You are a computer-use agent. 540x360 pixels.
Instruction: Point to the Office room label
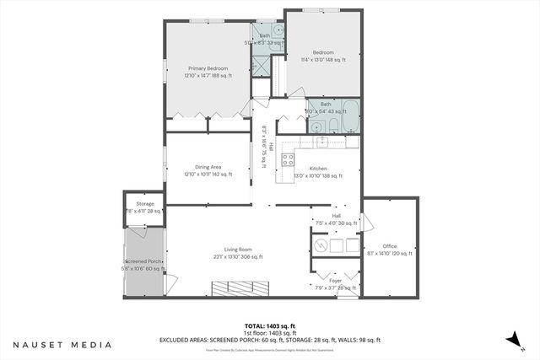tap(390, 249)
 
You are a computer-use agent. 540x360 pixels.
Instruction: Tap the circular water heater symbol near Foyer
tap(320, 246)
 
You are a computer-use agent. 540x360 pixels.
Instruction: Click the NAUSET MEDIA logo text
tap(62, 345)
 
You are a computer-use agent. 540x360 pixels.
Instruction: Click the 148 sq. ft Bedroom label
tap(324, 56)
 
